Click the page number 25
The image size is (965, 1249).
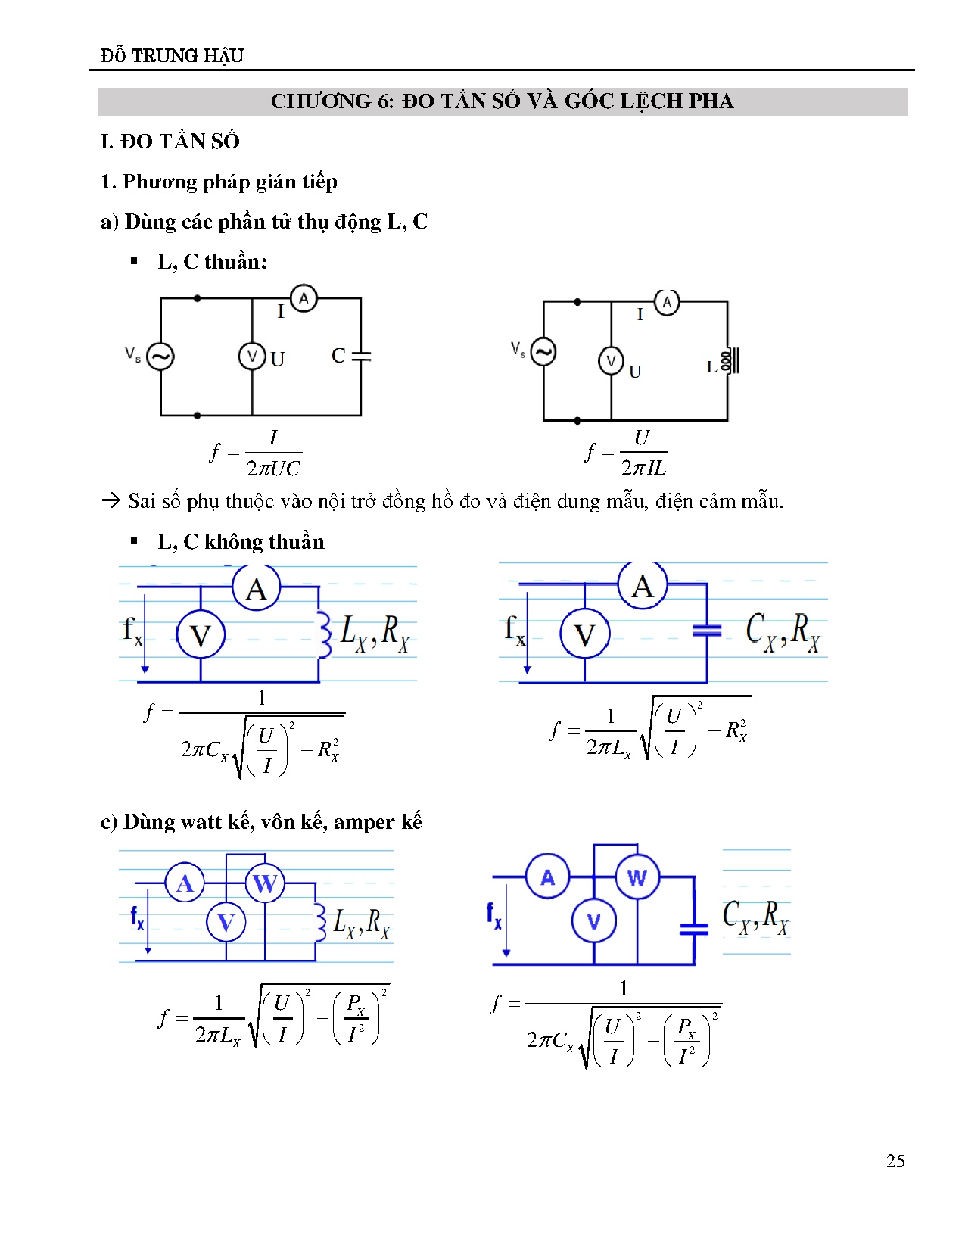click(x=895, y=1161)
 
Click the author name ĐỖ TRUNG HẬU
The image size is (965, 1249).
click(x=172, y=55)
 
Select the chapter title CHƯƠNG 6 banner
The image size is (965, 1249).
click(x=503, y=101)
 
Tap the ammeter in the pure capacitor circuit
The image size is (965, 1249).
click(x=304, y=298)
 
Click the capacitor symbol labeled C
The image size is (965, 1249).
click(x=361, y=355)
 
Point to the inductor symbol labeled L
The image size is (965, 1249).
click(x=728, y=361)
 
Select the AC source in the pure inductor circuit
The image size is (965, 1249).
click(x=543, y=351)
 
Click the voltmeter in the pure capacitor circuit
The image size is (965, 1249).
click(x=252, y=357)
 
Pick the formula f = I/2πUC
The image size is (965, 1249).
click(x=256, y=453)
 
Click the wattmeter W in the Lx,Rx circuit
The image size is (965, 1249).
click(x=264, y=883)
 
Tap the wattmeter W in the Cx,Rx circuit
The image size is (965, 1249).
click(x=637, y=877)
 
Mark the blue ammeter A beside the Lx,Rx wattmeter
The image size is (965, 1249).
click(x=185, y=883)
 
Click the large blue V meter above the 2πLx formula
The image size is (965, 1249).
click(x=584, y=634)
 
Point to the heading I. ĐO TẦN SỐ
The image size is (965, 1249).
click(x=170, y=142)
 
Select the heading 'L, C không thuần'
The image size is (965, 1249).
click(x=241, y=542)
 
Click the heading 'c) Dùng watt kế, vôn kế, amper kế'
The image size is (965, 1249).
click(x=261, y=822)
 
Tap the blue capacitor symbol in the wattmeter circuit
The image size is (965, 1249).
click(x=694, y=929)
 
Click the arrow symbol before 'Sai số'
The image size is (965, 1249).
click(x=111, y=501)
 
